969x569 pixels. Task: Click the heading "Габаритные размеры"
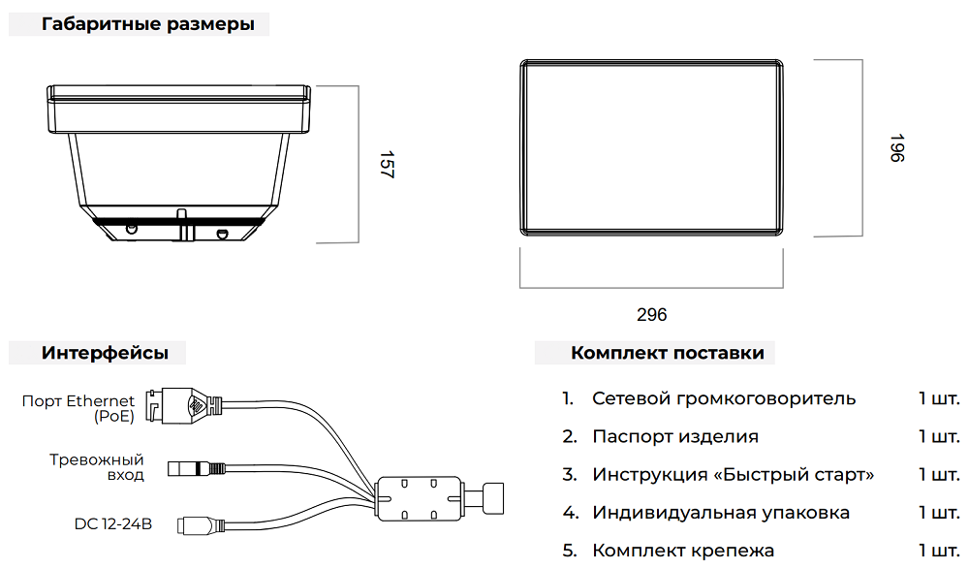tap(148, 25)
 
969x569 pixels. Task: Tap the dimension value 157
tap(386, 164)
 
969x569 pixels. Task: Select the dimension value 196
tap(895, 148)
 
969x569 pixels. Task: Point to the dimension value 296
tap(652, 315)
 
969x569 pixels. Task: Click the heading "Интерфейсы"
tap(105, 353)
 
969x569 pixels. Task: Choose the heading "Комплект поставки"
tap(667, 353)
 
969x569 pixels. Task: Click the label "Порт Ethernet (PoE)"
tap(78, 409)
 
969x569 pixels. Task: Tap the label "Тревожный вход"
tap(97, 467)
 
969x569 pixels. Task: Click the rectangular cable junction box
tap(419, 499)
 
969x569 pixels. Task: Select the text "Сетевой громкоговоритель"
tap(724, 398)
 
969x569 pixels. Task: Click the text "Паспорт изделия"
tap(675, 436)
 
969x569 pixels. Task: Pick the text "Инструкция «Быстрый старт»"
tap(733, 474)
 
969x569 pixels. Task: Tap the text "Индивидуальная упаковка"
tap(721, 512)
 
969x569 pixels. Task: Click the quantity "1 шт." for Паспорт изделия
tap(939, 436)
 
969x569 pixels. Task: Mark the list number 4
tap(571, 512)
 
